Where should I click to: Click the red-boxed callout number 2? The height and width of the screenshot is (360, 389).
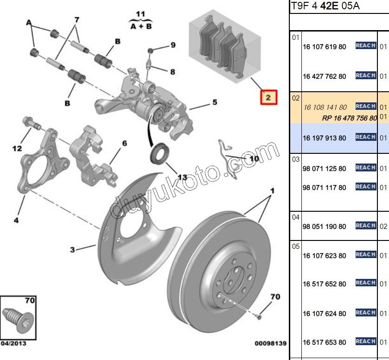click(x=268, y=97)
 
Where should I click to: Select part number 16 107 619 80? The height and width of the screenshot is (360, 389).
click(x=324, y=47)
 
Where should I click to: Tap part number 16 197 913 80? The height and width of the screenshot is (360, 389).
click(x=324, y=138)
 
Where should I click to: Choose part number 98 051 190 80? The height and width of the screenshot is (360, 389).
click(x=324, y=227)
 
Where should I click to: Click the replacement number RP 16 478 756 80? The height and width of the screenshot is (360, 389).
click(x=349, y=118)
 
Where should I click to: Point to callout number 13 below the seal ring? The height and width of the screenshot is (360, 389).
click(x=182, y=177)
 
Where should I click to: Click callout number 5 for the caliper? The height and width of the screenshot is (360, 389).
click(x=215, y=102)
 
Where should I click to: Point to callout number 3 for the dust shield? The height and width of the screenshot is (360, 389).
click(x=72, y=250)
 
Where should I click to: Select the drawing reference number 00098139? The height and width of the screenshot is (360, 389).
click(x=271, y=343)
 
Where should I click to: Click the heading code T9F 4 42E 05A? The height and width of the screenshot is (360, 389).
click(x=325, y=6)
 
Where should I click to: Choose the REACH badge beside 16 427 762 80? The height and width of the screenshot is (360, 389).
click(x=365, y=76)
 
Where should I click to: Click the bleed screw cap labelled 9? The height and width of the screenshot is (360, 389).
click(x=151, y=50)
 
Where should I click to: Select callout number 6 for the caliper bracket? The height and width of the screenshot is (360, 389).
click(x=124, y=143)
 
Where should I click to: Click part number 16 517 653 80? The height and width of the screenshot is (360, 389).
click(x=324, y=342)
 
